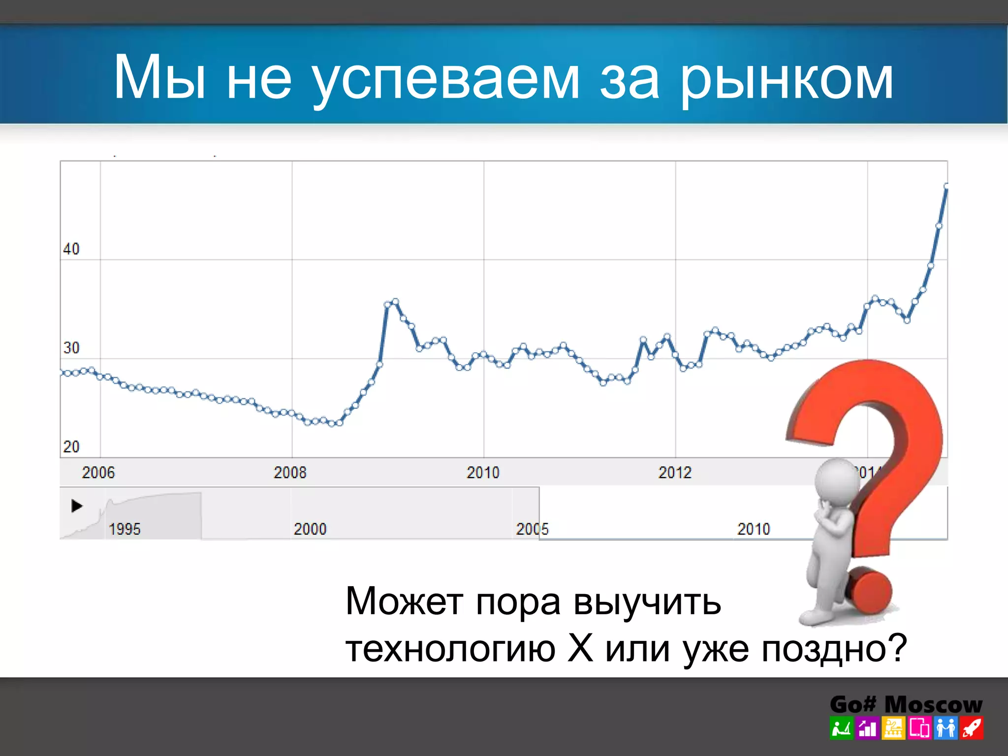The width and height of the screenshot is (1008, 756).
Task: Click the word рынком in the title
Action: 787,79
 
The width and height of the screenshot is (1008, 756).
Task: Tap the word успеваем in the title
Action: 446,79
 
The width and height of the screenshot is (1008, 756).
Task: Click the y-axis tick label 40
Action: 71,249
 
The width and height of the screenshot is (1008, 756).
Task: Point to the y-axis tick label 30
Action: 71,348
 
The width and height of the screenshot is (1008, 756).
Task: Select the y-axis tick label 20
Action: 71,447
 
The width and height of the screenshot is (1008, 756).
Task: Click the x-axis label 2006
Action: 98,472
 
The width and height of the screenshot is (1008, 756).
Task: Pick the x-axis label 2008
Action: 290,472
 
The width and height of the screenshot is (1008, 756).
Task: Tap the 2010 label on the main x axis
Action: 483,472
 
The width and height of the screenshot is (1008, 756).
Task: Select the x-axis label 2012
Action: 675,472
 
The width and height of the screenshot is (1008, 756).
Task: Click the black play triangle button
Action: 77,505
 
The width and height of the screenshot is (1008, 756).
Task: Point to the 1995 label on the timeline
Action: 125,529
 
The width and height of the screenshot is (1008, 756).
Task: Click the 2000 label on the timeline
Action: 310,529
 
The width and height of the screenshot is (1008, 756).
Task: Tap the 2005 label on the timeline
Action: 532,529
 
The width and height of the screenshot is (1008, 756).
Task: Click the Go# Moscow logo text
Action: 906,704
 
